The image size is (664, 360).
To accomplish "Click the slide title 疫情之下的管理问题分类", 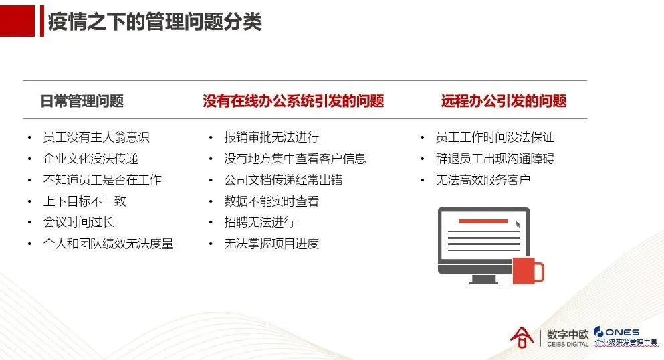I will pos(154,22).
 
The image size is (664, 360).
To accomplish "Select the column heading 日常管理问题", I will pos(82,102).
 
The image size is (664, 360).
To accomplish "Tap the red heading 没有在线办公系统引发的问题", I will pos(294,102).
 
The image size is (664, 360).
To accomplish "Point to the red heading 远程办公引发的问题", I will pos(504,102).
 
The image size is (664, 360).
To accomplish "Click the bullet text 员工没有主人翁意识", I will pos(96,137).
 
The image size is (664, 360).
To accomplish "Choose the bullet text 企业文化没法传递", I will pos(90,159).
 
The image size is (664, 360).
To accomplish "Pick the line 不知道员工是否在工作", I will pos(102,180).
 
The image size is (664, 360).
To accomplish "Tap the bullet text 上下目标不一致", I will pos(84,201).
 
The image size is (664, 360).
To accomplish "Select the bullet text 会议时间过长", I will pos(78,222).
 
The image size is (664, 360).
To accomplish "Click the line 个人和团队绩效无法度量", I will pos(108,244).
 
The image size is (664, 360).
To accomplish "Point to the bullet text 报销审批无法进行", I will pos(271,137).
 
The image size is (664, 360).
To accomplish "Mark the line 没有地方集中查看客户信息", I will pos(295,159).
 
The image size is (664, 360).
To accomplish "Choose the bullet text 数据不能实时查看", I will pos(271,201).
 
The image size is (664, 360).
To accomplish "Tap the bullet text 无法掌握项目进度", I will pos(271,244).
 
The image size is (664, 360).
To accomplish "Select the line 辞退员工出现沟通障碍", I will pos(495,159).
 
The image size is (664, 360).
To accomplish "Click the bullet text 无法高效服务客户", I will pos(483,180).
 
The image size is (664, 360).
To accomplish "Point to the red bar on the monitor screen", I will pos(483,221).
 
